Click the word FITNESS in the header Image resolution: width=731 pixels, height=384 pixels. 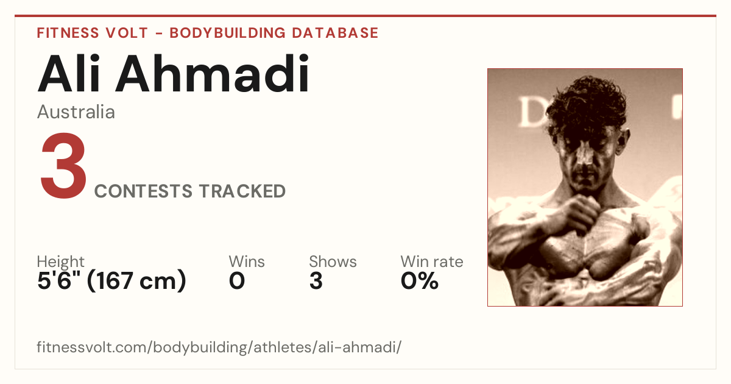point(68,33)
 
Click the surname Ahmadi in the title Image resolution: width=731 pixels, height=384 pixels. point(212,74)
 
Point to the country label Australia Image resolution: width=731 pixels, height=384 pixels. point(76,112)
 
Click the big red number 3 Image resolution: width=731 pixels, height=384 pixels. point(63,165)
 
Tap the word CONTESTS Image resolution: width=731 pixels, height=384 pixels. point(143,191)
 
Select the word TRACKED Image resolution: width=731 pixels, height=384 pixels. point(242,191)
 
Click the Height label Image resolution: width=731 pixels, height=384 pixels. point(61,261)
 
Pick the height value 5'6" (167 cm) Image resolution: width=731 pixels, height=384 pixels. point(111,280)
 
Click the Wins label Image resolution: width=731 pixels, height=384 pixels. point(247,261)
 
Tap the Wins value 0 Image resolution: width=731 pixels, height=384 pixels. point(237,281)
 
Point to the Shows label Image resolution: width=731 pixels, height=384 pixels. point(333,261)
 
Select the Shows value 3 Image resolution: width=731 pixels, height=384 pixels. point(316,281)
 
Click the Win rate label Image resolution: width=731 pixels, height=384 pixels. point(432,261)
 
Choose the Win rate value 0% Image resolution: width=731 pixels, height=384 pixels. point(420,281)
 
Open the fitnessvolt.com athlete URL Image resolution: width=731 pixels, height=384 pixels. point(219,347)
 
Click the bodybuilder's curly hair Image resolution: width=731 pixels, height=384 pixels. point(587,104)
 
